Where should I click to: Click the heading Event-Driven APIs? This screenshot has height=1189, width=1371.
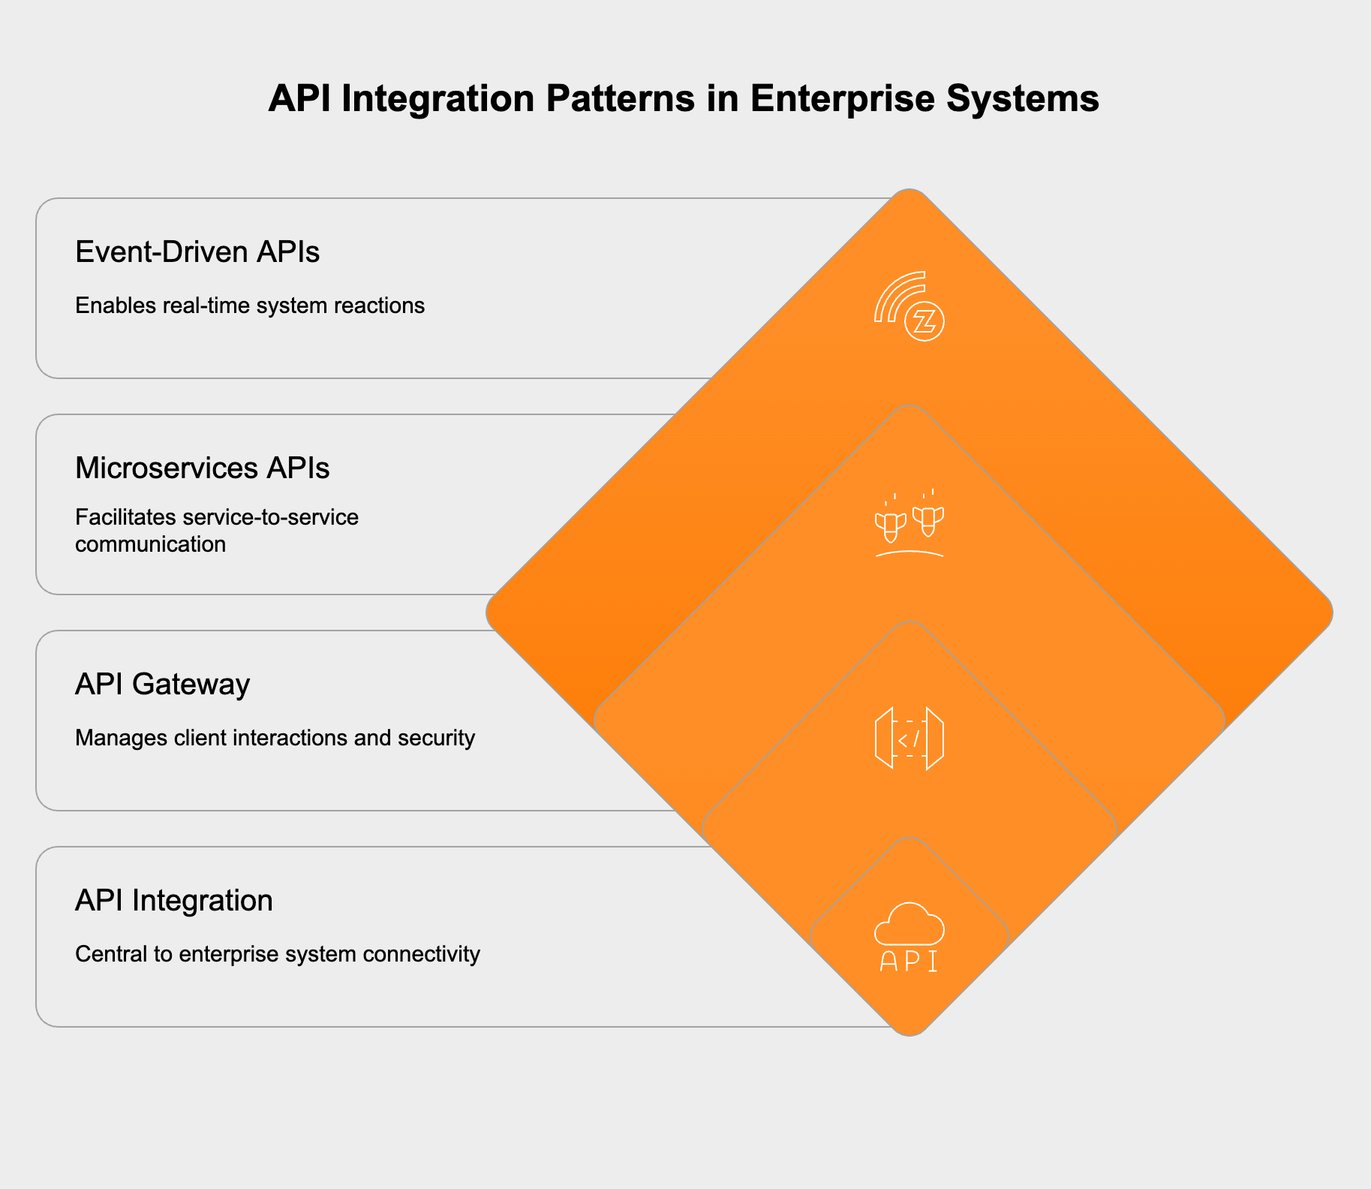coord(197,252)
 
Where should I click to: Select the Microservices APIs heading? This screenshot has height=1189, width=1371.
coord(202,468)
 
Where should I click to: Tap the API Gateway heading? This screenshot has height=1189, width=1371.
coord(162,685)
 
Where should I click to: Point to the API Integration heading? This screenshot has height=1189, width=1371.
coord(173,901)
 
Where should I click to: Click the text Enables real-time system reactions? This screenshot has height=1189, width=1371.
coord(250,306)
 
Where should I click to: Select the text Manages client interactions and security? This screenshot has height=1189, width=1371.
coord(275,739)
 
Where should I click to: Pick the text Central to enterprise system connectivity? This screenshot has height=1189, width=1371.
coord(277,955)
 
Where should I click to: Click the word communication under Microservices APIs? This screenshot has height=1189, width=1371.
coord(150,544)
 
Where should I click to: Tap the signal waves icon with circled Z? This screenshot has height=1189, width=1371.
coord(909,306)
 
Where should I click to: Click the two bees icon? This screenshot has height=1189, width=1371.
coord(909,522)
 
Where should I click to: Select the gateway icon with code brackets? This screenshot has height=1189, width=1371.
coord(909,739)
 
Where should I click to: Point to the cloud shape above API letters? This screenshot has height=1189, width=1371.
coord(909,924)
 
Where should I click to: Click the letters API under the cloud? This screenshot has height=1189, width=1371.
coord(909,962)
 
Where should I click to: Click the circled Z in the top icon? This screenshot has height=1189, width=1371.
coord(925,323)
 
